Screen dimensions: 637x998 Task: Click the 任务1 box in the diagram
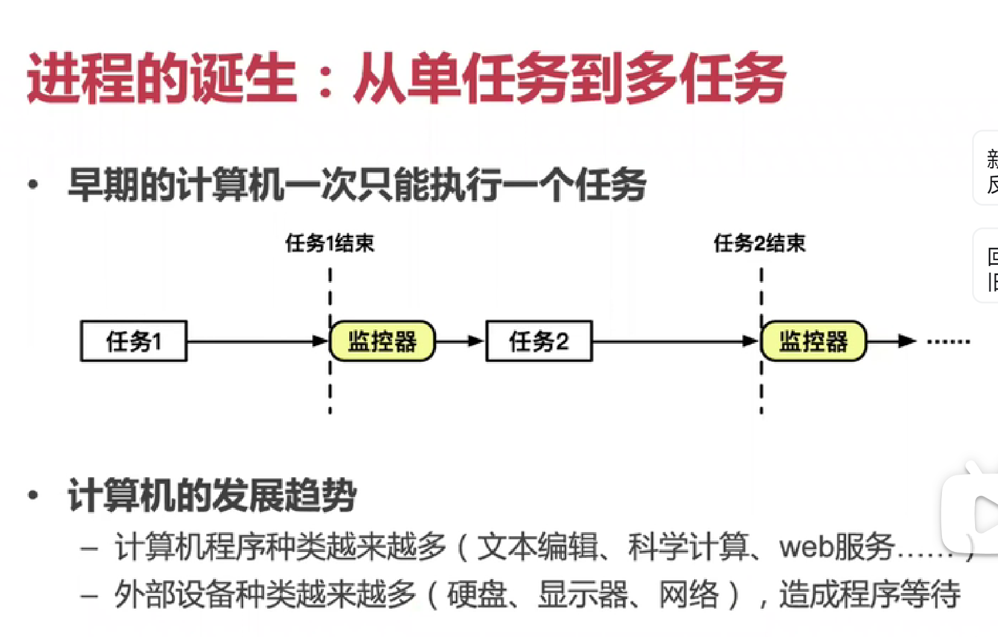point(133,341)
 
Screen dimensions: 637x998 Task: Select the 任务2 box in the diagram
point(538,341)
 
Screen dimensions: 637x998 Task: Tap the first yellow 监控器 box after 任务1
point(382,341)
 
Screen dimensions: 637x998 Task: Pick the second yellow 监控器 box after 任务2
point(813,341)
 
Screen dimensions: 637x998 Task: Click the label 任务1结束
point(330,243)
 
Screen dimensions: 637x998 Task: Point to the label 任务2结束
point(759,243)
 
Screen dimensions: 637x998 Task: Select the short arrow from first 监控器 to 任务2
point(460,341)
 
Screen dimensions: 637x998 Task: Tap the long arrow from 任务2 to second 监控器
point(675,341)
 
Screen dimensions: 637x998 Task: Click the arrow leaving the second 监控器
point(891,341)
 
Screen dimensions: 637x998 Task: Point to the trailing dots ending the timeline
point(949,342)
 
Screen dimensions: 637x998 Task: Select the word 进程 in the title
point(81,79)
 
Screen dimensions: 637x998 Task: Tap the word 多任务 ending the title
point(706,79)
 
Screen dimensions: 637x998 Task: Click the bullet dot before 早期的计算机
point(33,185)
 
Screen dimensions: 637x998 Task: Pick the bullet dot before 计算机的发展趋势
point(33,495)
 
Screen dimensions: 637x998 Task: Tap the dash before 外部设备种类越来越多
point(89,596)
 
